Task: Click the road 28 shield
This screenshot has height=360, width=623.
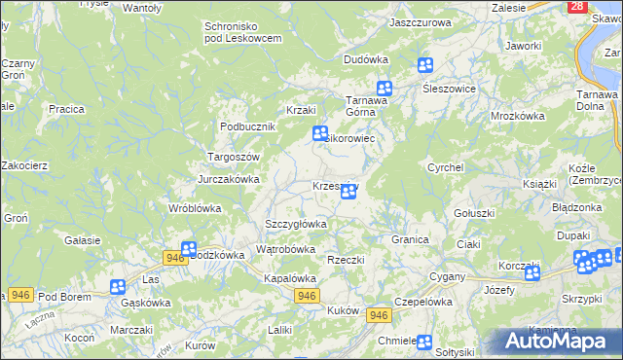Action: point(578,6)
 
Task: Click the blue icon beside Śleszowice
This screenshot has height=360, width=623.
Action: point(425,66)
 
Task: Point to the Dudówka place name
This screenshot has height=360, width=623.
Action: point(366,59)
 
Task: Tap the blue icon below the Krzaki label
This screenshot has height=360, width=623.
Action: point(319,134)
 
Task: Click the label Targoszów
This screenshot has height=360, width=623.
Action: point(234,156)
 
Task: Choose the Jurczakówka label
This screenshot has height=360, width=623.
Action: point(229,179)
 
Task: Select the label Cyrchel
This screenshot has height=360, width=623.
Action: point(445,167)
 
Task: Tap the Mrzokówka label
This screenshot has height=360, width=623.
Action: point(518,115)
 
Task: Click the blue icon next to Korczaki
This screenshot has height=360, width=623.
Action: point(531,273)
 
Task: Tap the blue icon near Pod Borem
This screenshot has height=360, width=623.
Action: point(118,287)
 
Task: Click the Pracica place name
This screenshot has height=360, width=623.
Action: point(67,109)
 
